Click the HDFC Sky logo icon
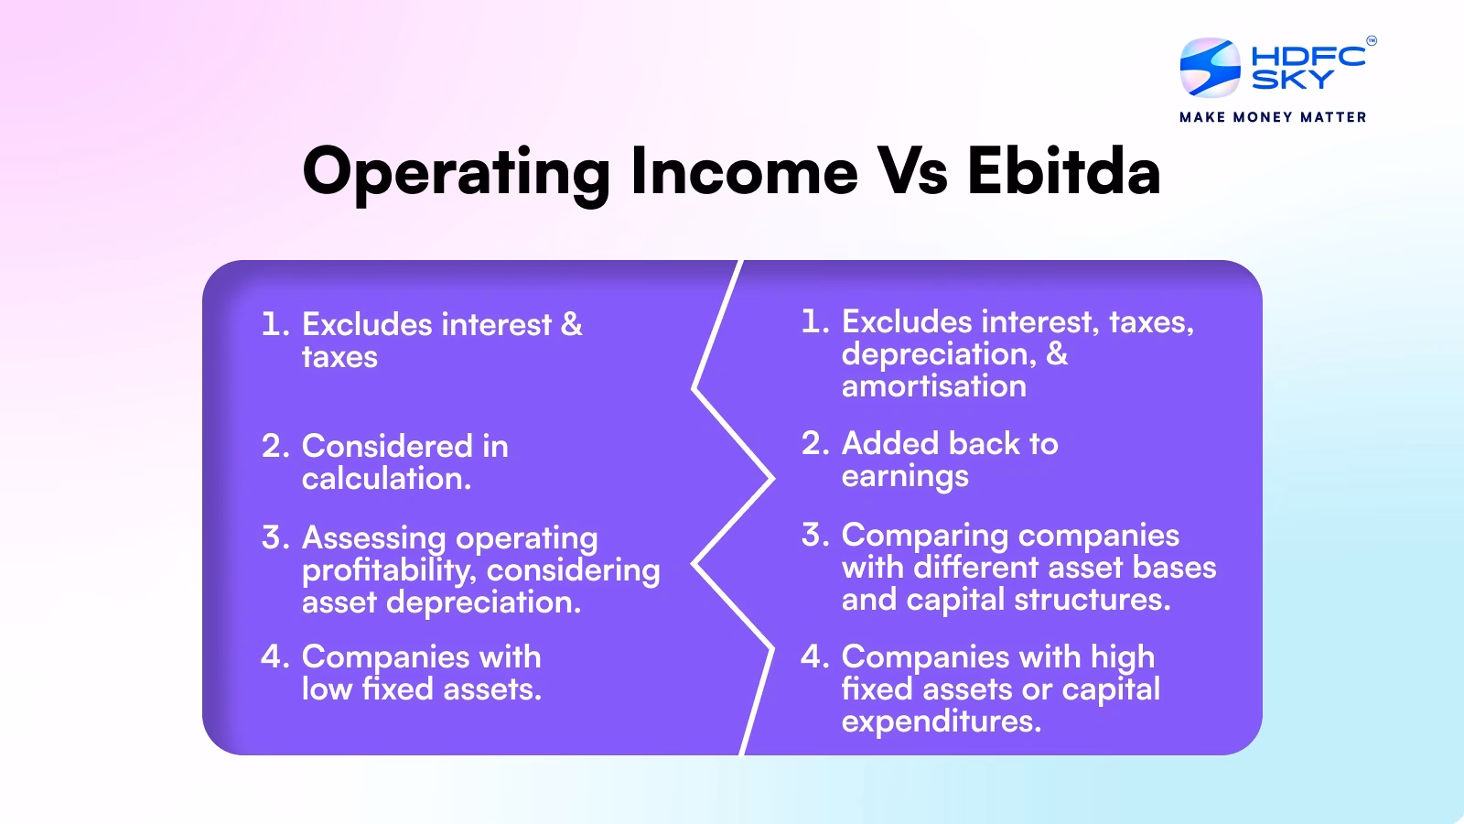click(1210, 67)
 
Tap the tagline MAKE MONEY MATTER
click(1273, 117)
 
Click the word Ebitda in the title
click(1063, 171)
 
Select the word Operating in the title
click(456, 171)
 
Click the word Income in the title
click(744, 171)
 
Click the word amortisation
click(933, 386)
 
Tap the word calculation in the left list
click(385, 479)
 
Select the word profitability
click(388, 570)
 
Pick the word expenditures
click(941, 721)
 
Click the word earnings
click(904, 477)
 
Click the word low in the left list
click(327, 689)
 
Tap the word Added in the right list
click(891, 444)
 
